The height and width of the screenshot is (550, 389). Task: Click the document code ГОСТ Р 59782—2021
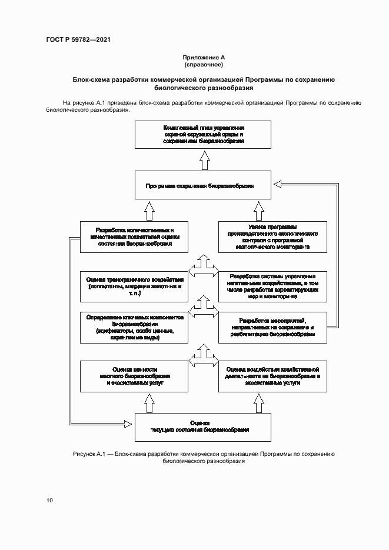tap(78, 39)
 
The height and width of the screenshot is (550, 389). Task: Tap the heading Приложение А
tap(204, 57)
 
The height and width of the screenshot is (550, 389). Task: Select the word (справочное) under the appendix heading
tap(204, 64)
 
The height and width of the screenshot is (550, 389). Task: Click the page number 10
tap(49, 500)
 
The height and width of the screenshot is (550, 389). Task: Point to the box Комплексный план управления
tap(203, 135)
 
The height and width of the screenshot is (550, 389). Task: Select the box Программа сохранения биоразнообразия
tap(203, 186)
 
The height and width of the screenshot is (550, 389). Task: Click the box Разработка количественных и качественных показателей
tap(135, 236)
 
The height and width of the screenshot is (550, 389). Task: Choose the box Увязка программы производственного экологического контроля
tap(272, 236)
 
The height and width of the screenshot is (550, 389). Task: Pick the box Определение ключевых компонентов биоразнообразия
tap(135, 328)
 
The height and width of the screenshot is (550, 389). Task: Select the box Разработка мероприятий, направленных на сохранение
tap(272, 328)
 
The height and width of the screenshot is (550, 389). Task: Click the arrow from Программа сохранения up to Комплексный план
tap(204, 160)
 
